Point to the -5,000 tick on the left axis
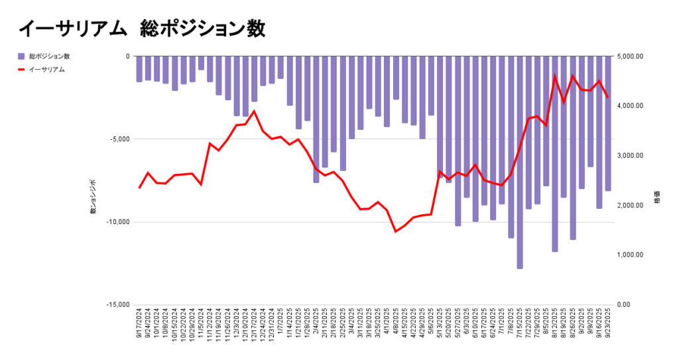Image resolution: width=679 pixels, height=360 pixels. [x=119, y=139]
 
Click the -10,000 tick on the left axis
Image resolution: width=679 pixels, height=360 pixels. [x=118, y=222]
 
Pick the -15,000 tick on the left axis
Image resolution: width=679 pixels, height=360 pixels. [x=118, y=305]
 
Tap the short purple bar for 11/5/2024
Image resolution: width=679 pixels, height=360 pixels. [x=201, y=63]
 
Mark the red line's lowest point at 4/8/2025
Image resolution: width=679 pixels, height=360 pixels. [x=396, y=231]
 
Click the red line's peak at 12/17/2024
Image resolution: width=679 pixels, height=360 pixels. [x=254, y=111]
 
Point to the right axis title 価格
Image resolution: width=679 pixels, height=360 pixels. [x=657, y=199]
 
